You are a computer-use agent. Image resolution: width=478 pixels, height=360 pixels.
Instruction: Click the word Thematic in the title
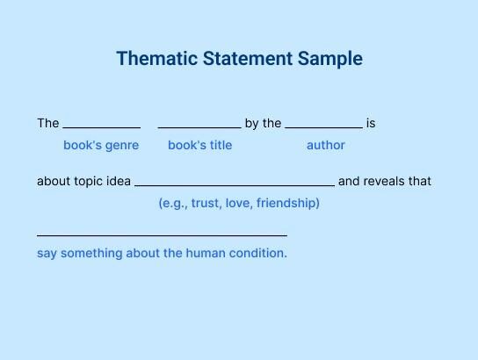[x=156, y=58]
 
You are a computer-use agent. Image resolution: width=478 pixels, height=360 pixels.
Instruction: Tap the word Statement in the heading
[x=248, y=58]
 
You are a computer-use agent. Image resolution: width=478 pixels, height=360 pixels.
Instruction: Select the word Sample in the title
[x=330, y=60]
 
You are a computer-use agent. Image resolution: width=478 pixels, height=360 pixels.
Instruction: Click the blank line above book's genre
[x=102, y=128]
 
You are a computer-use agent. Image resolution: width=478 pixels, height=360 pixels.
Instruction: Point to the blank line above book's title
[x=199, y=128]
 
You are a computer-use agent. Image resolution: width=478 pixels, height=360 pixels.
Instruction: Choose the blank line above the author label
[x=323, y=128]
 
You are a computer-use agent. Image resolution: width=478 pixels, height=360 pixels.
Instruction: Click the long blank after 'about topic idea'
[x=235, y=185]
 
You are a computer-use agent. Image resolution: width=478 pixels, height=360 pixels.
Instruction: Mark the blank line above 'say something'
[x=162, y=235]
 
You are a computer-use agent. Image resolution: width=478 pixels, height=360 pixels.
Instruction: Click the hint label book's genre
[x=101, y=145]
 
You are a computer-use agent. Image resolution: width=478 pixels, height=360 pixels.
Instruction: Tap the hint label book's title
[x=200, y=145]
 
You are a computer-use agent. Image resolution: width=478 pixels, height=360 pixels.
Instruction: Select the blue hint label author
[x=326, y=145]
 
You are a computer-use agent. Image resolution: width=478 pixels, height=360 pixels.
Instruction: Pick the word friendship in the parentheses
[x=288, y=203]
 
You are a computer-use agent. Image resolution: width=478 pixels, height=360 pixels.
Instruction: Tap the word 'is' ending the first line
[x=371, y=123]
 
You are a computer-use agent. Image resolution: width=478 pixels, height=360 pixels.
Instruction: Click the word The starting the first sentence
[x=48, y=123]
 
